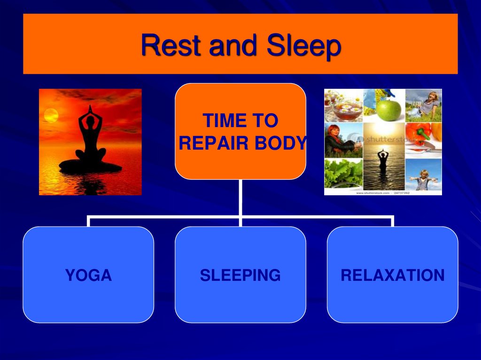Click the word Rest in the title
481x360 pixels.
pyautogui.click(x=171, y=46)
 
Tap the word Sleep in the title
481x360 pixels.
pyautogui.click(x=303, y=46)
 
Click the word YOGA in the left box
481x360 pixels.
pyautogui.click(x=88, y=275)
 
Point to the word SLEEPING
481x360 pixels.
pyautogui.click(x=240, y=275)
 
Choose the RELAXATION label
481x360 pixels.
pyautogui.click(x=392, y=275)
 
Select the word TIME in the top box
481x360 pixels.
pyautogui.click(x=220, y=121)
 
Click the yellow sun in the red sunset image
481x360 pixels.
pyautogui.click(x=51, y=115)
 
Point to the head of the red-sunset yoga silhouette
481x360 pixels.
pyautogui.click(x=90, y=120)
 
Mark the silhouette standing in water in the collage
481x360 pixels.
pyautogui.click(x=383, y=160)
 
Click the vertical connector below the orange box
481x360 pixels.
pyautogui.click(x=240, y=197)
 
